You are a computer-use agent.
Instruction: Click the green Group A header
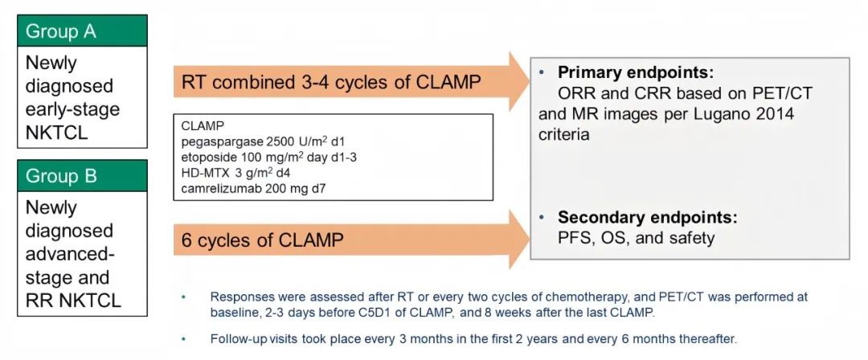coord(83,31)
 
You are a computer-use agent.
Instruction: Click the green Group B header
coord(83,175)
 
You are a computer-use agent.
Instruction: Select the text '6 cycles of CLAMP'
coord(262,240)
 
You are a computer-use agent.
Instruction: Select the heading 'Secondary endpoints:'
coord(648,217)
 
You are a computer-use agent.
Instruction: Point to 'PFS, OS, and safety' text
coord(637,238)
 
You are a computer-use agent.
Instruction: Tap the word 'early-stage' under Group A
coord(72,109)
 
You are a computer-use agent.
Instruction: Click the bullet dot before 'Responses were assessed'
coord(183,297)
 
